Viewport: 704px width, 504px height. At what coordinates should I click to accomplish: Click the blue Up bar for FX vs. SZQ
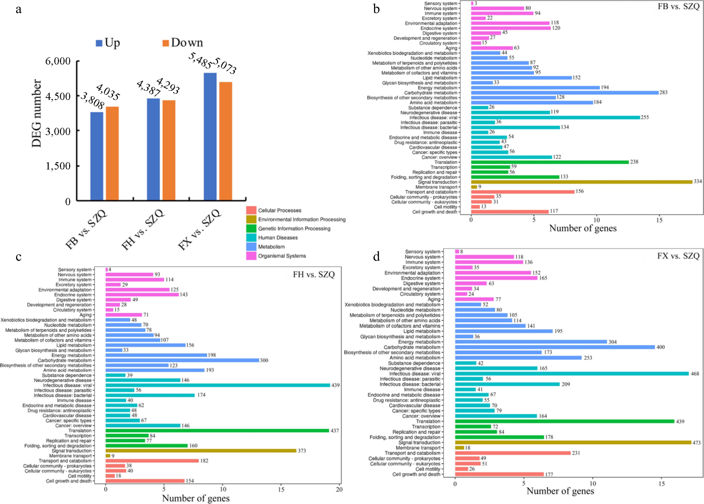pos(210,137)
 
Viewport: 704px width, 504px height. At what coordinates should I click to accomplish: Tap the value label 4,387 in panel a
pos(148,88)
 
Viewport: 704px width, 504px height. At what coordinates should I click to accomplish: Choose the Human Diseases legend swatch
pos(251,238)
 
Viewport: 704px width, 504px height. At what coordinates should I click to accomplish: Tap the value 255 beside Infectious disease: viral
pos(645,117)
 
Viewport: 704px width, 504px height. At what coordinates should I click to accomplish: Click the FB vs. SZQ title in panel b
pos(679,6)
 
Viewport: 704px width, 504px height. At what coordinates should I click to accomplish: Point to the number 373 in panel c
pos(302,451)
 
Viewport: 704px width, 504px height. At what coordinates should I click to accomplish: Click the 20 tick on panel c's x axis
pos(339,489)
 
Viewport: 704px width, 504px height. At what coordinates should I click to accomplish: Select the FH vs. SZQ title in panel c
pos(314,275)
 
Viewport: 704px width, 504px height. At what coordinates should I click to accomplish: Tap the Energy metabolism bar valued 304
pos(531,342)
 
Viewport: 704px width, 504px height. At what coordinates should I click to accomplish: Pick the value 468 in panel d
pos(695,374)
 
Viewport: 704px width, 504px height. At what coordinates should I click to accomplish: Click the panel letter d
pos(376,257)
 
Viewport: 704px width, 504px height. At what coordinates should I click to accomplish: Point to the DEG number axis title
pos(37,113)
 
